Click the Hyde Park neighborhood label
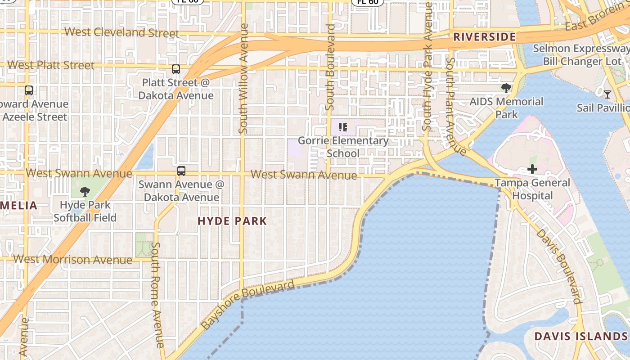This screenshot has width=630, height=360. [x=232, y=221]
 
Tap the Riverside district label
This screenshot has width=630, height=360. [x=484, y=37]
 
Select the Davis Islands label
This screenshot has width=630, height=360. [x=580, y=336]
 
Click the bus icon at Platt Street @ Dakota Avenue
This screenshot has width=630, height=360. [x=176, y=69]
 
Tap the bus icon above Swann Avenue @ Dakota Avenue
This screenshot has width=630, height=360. [x=181, y=171]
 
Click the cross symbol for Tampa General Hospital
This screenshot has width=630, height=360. [x=532, y=169]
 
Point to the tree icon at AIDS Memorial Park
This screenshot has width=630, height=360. [x=506, y=88]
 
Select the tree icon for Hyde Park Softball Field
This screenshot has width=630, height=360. [x=85, y=192]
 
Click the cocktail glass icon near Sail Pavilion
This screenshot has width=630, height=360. [x=607, y=94]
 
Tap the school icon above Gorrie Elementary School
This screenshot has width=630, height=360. [x=343, y=127]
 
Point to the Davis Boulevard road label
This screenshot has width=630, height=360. [x=558, y=266]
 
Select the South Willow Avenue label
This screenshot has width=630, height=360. [x=243, y=79]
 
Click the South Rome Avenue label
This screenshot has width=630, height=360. [x=157, y=295]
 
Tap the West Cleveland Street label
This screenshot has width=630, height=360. [x=122, y=32]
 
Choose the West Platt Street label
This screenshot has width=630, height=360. [x=51, y=65]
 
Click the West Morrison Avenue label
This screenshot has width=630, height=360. [x=73, y=259]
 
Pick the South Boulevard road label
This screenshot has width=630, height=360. [x=330, y=67]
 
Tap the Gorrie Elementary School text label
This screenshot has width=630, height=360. [x=343, y=147]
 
